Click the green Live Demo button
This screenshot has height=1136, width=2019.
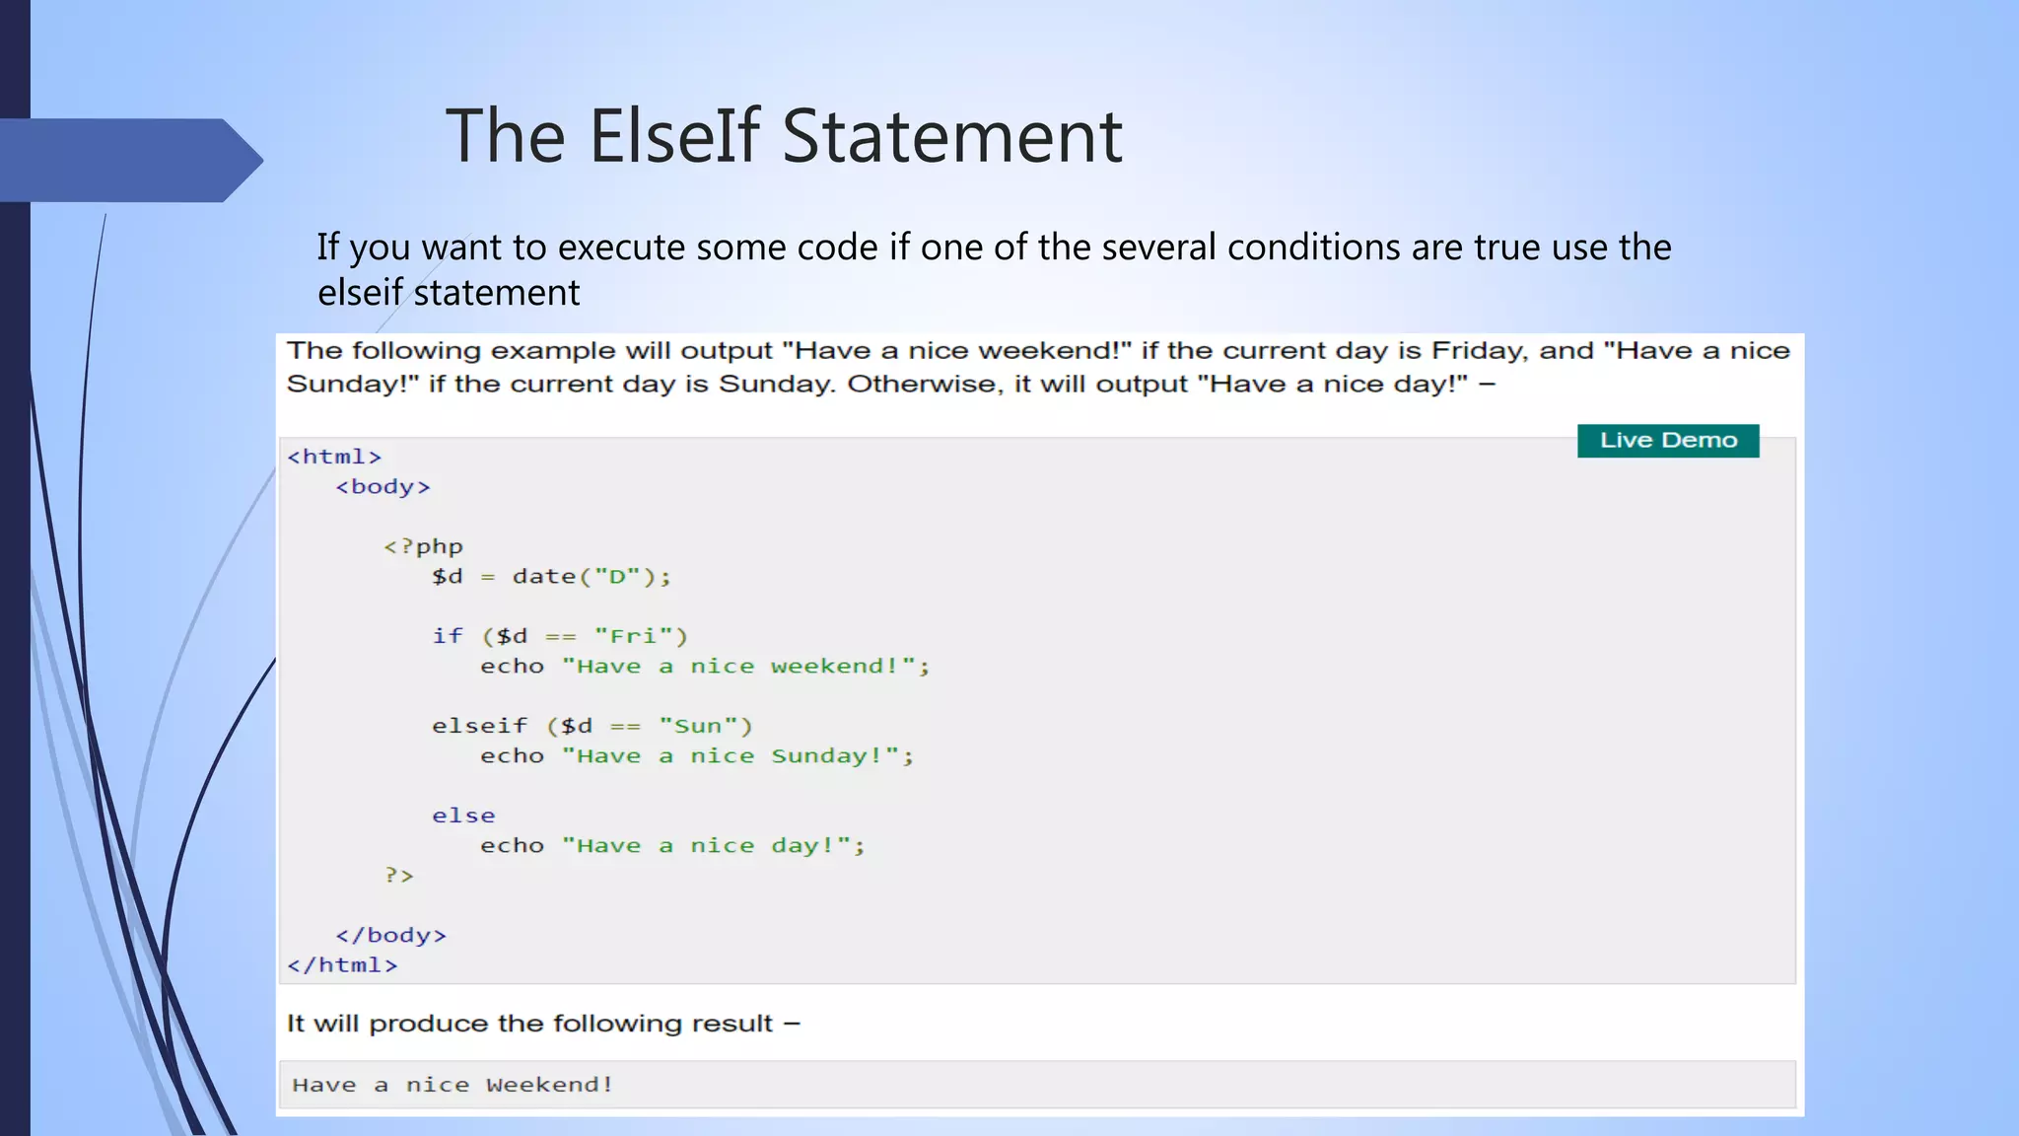tap(1668, 440)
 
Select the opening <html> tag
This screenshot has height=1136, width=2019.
tap(334, 457)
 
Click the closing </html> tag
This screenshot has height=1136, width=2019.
tap(342, 965)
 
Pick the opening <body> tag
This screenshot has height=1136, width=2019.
tap(383, 486)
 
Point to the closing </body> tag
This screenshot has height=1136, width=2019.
tap(390, 935)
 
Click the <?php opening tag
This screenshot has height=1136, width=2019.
tap(423, 546)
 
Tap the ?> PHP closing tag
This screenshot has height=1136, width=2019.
tap(399, 876)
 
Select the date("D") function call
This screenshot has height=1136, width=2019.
tap(591, 577)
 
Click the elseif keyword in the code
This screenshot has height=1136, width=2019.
tap(479, 726)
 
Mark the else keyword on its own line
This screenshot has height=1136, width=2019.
tap(463, 816)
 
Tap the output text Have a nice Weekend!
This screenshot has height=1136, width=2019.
tap(453, 1085)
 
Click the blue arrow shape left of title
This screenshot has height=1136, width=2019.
tap(128, 160)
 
